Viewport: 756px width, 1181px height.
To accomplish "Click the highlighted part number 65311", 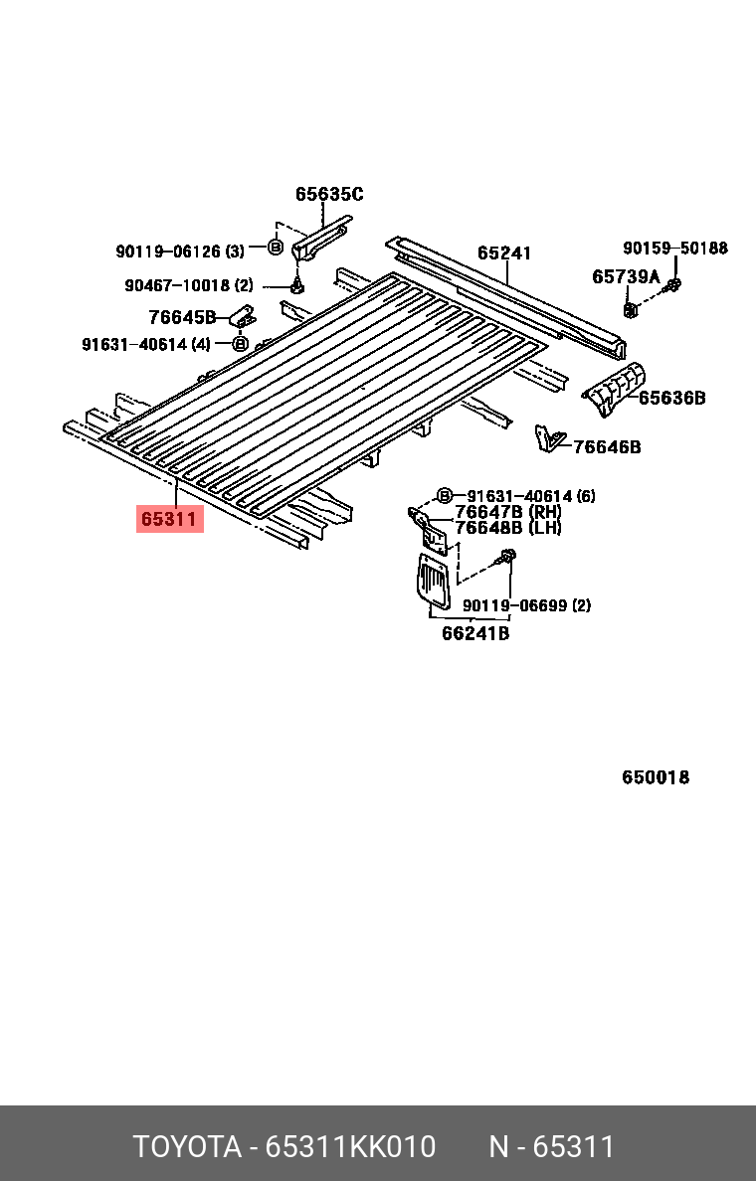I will click(x=170, y=518).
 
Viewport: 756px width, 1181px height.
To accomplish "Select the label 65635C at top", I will click(x=329, y=194).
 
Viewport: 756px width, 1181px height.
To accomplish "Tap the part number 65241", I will click(x=503, y=253).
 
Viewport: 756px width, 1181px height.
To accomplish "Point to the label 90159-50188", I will click(x=675, y=248).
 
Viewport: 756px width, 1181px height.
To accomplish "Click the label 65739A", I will click(x=626, y=276).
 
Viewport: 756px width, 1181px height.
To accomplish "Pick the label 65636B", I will click(x=671, y=398).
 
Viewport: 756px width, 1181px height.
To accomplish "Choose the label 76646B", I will click(x=607, y=447).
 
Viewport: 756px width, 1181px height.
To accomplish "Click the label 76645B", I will click(x=182, y=317).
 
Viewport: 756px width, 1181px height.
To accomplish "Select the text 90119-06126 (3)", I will click(x=180, y=252).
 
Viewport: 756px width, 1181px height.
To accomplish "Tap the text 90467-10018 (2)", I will click(x=189, y=285).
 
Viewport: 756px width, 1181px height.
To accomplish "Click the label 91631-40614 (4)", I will click(x=146, y=345).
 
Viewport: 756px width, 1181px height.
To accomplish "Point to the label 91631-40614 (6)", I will click(x=531, y=495).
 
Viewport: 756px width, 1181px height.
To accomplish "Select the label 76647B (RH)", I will click(x=507, y=512).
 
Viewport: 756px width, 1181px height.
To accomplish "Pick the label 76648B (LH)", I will click(x=507, y=528).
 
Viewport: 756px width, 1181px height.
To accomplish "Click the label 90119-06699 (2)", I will click(x=526, y=604).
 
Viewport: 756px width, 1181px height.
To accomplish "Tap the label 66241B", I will click(x=475, y=633).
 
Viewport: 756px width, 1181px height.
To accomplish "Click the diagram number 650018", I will click(x=656, y=777).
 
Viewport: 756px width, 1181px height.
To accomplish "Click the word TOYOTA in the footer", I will click(x=188, y=1146).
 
